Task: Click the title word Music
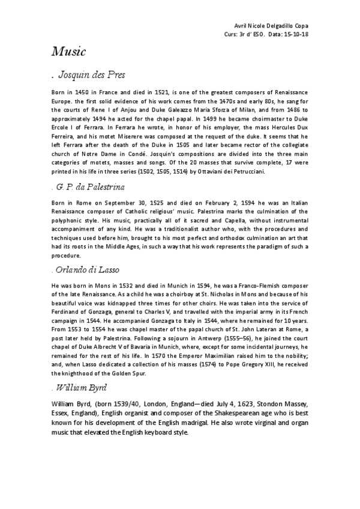click(68, 52)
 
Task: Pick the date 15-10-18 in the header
click(296, 35)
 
